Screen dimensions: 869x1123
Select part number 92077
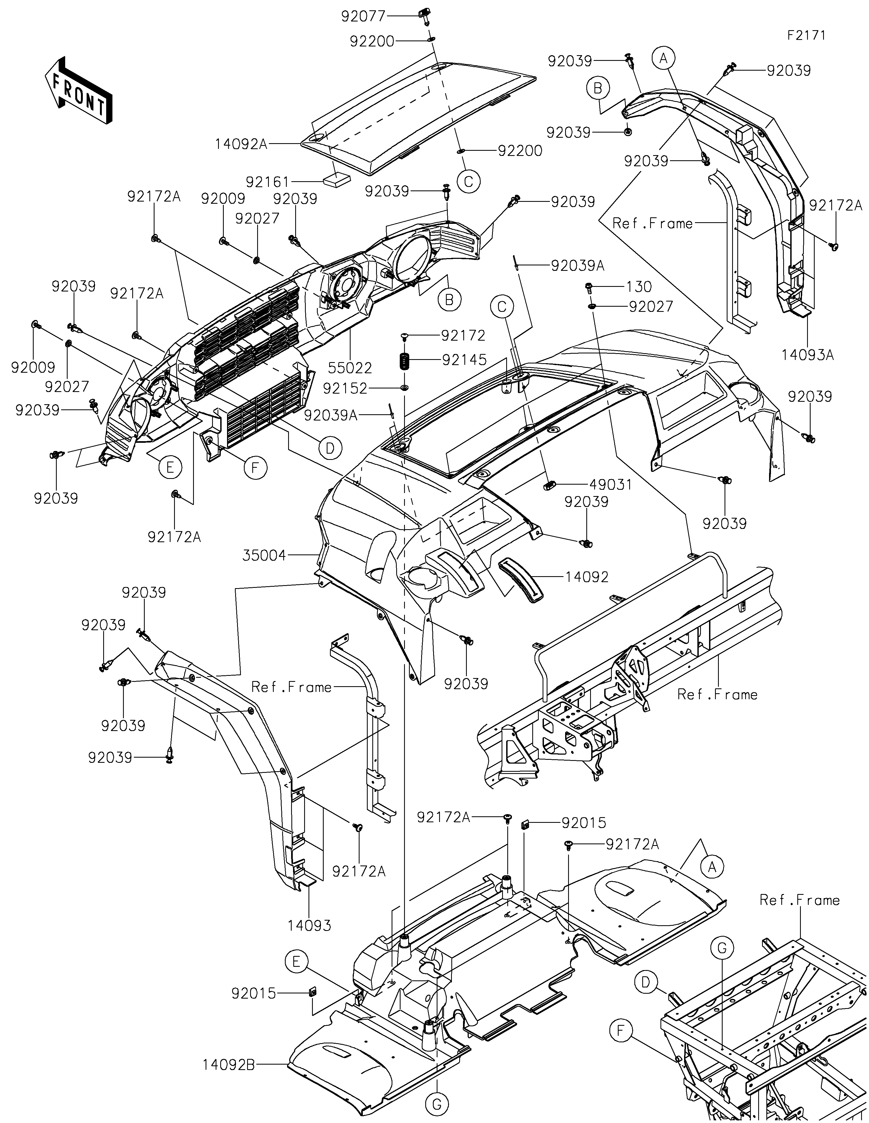click(x=363, y=17)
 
